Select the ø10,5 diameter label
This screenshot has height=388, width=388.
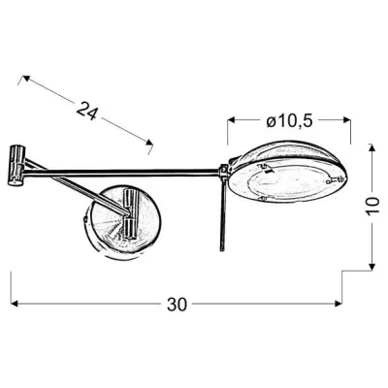pos(288,120)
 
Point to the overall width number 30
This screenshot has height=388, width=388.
pos(176,304)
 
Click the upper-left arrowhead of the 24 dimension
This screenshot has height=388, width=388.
pos(22,72)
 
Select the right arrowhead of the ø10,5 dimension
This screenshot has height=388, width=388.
pos(346,120)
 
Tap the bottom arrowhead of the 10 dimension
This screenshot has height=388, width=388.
pos(373,266)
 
